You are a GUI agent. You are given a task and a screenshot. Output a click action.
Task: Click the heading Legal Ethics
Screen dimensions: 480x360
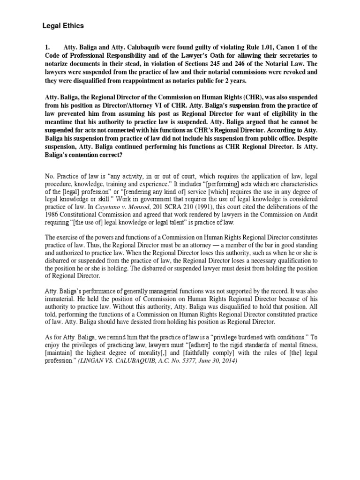point(63,26)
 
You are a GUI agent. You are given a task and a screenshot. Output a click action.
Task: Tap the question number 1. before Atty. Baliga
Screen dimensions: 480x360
point(47,47)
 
